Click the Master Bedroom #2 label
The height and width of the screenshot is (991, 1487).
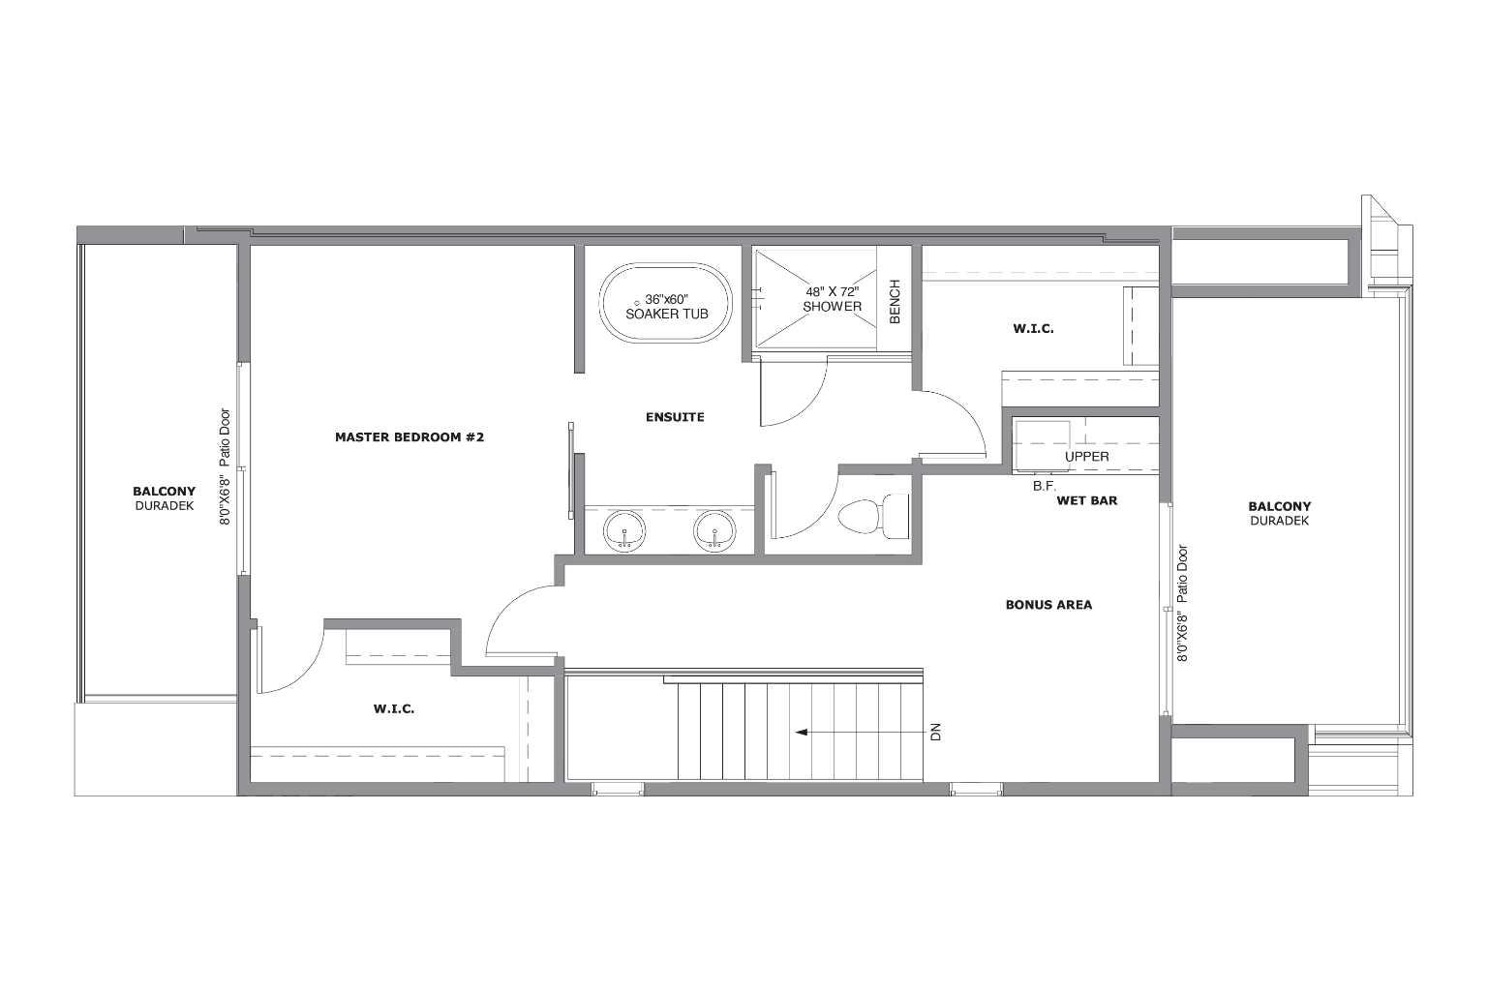(409, 437)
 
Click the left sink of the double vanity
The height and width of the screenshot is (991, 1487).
(625, 531)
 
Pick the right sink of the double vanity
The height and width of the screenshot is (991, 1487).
(714, 531)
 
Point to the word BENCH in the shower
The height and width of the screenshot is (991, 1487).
(895, 302)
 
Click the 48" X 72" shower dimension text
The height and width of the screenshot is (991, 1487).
(832, 291)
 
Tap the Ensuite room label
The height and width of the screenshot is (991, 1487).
(675, 417)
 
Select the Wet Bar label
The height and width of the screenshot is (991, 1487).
(1087, 501)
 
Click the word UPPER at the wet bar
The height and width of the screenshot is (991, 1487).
(1086, 457)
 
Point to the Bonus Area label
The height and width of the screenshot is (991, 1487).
(1048, 605)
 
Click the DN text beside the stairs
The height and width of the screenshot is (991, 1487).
(935, 733)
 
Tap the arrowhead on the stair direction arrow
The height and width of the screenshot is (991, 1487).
(801, 733)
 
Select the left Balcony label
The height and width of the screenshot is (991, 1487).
(164, 492)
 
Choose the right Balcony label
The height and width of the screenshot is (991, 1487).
(1279, 506)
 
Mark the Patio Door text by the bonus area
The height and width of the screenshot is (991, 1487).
(1182, 575)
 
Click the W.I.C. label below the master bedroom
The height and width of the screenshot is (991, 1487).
(394, 709)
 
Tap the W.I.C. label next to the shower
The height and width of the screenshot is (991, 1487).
(1033, 329)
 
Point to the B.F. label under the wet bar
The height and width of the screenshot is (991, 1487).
(1044, 487)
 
